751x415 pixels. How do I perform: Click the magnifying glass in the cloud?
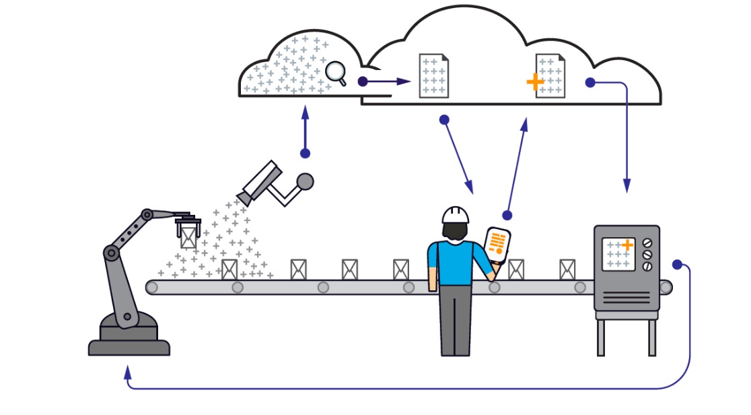click(334, 71)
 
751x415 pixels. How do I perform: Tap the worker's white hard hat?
click(456, 215)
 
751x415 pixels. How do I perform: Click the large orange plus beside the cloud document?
click(535, 82)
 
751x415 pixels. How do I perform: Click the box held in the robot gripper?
click(188, 236)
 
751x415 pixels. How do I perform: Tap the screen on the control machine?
click(618, 255)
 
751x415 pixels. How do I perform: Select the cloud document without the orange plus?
click(433, 76)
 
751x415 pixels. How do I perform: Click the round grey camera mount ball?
click(305, 181)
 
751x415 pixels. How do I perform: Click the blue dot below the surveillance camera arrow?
click(305, 154)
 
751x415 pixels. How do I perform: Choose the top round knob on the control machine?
click(648, 243)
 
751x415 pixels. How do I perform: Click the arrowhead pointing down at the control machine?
click(627, 185)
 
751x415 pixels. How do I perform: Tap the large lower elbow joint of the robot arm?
click(111, 253)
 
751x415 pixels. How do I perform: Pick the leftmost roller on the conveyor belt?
click(153, 288)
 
